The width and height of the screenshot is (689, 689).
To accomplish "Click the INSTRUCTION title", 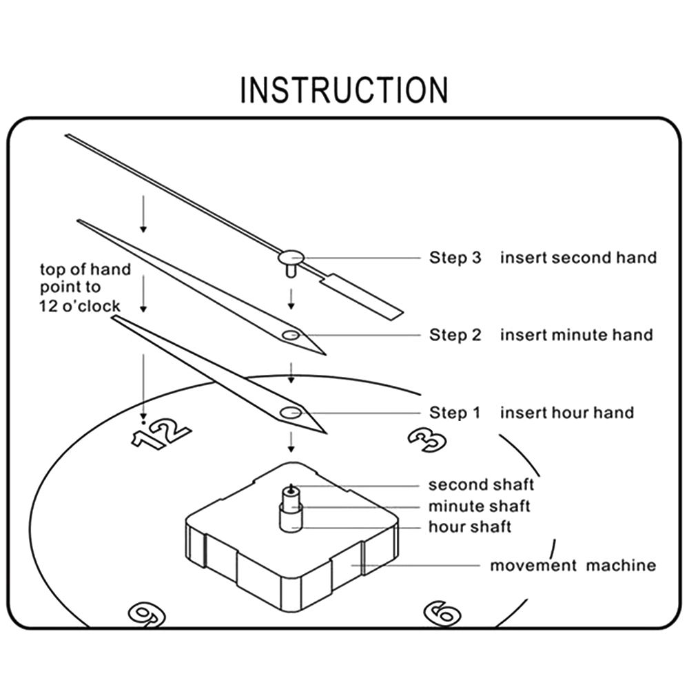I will coord(344,90).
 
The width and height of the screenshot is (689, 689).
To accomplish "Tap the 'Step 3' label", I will coord(455,258).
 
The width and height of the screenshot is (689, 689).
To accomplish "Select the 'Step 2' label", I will coord(455,335).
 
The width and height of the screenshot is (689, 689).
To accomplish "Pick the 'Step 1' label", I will coord(455,413).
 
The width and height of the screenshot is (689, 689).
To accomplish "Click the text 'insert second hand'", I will coord(578,258).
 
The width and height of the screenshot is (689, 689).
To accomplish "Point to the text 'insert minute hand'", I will coord(576,335).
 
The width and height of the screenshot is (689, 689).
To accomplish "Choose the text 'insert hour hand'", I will coord(566,413).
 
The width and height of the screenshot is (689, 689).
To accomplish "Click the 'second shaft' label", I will coord(481,485).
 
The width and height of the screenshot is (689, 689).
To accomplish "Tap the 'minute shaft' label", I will coord(480,506).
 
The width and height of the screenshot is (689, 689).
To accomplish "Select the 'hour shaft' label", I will coord(470,527).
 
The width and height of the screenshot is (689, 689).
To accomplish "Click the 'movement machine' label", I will coord(573,566).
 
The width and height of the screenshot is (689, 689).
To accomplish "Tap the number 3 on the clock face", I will coord(427,438).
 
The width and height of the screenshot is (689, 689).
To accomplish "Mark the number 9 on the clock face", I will coord(146,613).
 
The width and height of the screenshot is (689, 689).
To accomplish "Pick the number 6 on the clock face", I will coord(441,612).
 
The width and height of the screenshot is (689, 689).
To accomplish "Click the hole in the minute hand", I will coord(290,335).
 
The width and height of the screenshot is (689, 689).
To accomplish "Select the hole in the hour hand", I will coord(289,413).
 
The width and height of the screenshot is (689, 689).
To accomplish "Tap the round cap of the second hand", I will coord(291,258).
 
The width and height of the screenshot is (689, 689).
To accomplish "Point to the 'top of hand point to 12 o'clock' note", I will coord(84,287).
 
